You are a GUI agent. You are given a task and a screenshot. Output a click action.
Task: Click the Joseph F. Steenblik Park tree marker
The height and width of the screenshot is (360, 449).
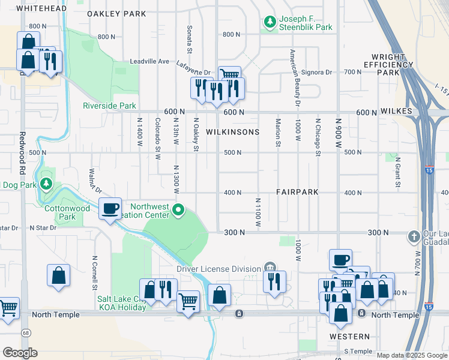point(270,22)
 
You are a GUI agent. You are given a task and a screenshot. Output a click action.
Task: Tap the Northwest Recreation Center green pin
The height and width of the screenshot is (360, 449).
point(178,210)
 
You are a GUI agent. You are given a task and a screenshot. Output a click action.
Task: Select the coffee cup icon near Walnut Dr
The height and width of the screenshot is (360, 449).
point(110,208)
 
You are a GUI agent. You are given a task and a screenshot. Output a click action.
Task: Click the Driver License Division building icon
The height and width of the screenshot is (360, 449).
point(270,268)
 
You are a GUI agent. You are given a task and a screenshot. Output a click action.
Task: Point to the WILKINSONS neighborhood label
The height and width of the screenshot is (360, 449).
point(233,132)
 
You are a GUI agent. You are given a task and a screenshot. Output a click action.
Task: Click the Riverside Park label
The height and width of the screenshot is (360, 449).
point(110,106)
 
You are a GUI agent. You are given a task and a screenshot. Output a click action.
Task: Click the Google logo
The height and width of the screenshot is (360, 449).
point(20,353)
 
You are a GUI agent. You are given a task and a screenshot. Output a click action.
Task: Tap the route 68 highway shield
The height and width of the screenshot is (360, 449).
point(25,332)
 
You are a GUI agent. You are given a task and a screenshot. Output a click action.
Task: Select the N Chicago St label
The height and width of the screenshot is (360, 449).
point(318,137)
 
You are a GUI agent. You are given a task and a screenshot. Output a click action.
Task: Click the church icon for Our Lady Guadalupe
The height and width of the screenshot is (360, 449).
point(413,236)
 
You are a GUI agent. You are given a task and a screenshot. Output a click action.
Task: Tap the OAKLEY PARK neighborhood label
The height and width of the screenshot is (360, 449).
point(116,13)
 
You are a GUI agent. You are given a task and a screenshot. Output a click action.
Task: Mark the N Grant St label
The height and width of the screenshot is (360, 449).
point(397,173)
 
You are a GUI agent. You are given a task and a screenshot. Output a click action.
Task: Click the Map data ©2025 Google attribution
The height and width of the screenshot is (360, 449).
point(412,355)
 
